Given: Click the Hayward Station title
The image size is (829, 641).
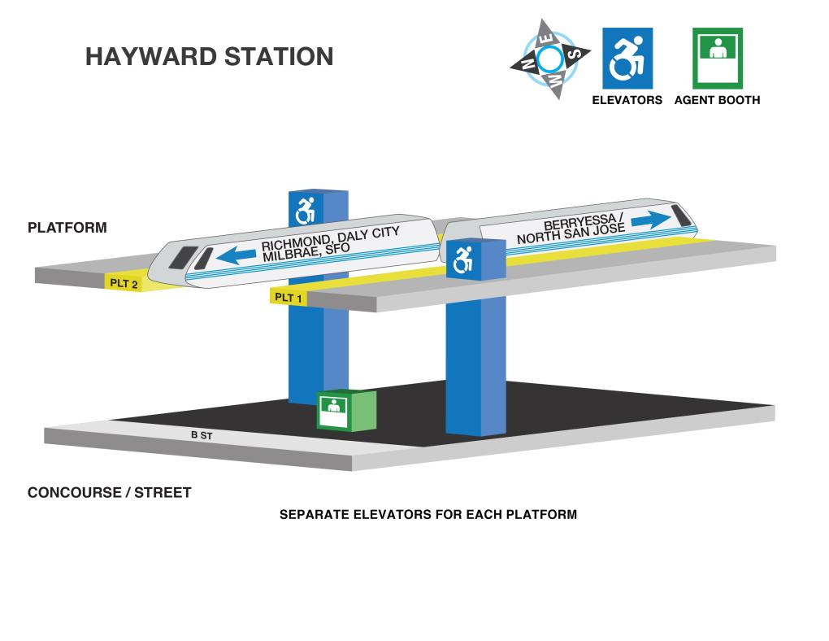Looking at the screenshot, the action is tap(210, 57).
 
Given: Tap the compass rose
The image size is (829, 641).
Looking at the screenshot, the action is tap(550, 59).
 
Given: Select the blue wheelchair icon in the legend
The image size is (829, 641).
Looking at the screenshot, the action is tap(627, 59).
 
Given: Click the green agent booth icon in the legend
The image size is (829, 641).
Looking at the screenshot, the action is tap(718, 59).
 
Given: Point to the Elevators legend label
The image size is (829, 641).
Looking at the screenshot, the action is tap(627, 100).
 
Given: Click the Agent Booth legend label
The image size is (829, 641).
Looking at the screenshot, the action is tap(718, 100).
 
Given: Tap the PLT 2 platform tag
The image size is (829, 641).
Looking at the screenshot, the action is tap(124, 284).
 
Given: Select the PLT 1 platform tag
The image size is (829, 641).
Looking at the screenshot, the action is tap(289, 298).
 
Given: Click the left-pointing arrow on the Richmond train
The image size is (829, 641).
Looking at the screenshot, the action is tap(236, 255).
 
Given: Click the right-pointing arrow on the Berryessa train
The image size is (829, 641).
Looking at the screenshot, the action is tap(650, 219).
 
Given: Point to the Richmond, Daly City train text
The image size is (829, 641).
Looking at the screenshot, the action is tap(331, 243).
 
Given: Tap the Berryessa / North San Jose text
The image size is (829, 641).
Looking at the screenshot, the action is tap(571, 228).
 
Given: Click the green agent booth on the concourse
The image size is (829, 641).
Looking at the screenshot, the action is tap(346, 410).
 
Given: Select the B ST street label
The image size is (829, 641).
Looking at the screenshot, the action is tap(202, 435).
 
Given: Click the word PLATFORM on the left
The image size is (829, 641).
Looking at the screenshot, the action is tap(67, 228).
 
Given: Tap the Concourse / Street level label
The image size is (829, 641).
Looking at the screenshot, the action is tap(110, 493).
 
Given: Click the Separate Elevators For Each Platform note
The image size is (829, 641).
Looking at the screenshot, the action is tap(428, 514).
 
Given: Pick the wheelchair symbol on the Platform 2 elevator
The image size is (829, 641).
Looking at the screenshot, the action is tap(305, 211).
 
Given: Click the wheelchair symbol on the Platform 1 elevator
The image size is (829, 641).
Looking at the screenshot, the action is tap(463, 259).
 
